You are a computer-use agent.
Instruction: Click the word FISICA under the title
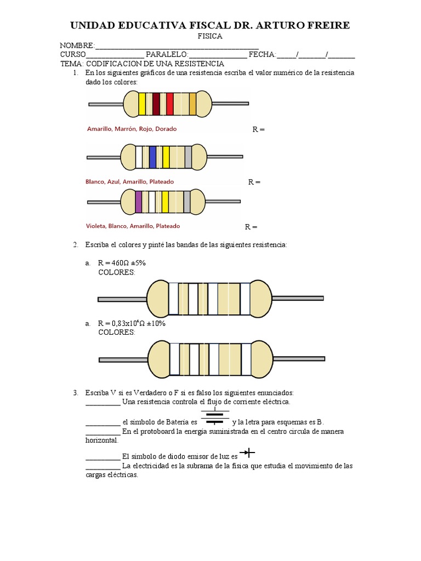[x=210, y=36]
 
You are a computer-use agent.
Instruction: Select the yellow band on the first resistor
[x=142, y=104]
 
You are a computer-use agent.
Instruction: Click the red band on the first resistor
[x=169, y=104]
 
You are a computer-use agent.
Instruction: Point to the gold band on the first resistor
[x=192, y=104]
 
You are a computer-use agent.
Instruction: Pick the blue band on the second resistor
[x=152, y=157]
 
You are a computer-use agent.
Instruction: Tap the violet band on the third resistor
[x=138, y=202]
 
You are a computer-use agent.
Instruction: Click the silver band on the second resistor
[x=188, y=157]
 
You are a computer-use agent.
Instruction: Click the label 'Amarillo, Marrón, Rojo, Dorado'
[x=132, y=129]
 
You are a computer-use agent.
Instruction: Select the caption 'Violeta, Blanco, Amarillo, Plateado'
[x=133, y=226]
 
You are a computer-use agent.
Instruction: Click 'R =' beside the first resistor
[x=258, y=130]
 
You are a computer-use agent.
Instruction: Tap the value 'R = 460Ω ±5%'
[x=122, y=263]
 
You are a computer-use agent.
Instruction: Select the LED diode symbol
[x=248, y=452]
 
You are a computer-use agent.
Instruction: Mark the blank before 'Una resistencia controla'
[x=103, y=402]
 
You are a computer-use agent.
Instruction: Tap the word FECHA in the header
[x=262, y=55]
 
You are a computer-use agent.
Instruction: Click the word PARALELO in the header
[x=167, y=55]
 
